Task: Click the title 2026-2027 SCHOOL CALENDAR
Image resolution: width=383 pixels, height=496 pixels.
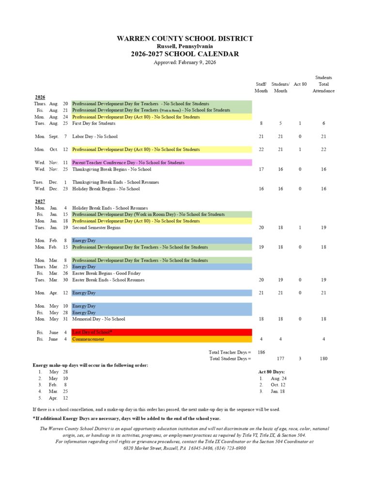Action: (x=184, y=54)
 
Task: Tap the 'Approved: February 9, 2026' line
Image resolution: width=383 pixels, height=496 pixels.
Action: (x=184, y=62)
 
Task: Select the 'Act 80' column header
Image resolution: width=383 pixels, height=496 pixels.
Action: (x=300, y=84)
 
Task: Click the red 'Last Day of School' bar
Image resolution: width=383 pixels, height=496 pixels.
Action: (x=161, y=332)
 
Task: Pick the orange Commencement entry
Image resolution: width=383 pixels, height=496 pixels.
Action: (x=161, y=339)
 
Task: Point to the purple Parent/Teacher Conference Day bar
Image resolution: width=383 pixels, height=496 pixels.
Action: (x=161, y=163)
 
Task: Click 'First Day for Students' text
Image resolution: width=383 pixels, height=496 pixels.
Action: (x=94, y=124)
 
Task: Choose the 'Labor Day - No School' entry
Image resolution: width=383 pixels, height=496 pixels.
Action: (x=95, y=137)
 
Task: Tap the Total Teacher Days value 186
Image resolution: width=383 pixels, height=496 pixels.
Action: (x=261, y=352)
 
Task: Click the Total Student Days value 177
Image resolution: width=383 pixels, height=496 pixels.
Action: (x=280, y=358)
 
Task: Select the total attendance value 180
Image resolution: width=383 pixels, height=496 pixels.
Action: (x=323, y=358)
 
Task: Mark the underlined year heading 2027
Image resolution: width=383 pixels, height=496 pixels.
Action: (x=40, y=201)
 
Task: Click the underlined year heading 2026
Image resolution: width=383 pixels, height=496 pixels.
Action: (x=40, y=97)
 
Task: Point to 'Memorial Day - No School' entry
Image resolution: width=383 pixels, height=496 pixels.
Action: (x=99, y=319)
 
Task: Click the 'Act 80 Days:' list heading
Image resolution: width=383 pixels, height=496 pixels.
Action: (x=272, y=372)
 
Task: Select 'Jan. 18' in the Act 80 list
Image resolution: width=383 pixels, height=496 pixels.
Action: (x=278, y=391)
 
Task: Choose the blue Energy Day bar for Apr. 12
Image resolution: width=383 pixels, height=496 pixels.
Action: (x=161, y=293)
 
